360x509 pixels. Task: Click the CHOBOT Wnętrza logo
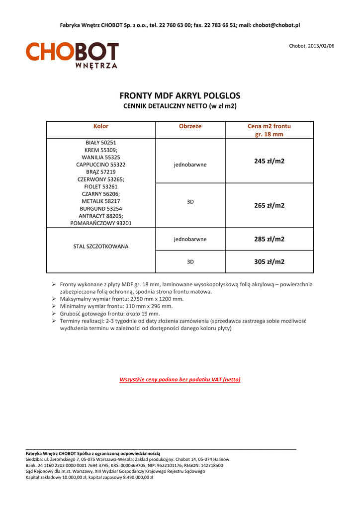(x=72, y=55)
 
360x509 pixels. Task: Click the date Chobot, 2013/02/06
(x=312, y=46)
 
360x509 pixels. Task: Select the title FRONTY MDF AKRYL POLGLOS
(x=180, y=95)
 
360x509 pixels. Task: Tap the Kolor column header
(x=101, y=126)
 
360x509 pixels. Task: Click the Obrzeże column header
(x=190, y=126)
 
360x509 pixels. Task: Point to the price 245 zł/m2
(x=269, y=161)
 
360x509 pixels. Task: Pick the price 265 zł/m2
(x=269, y=205)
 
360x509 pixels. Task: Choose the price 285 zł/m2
(x=269, y=239)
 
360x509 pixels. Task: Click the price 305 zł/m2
(x=269, y=261)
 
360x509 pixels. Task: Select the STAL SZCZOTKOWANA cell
(x=101, y=247)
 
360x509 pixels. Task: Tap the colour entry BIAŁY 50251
(x=101, y=142)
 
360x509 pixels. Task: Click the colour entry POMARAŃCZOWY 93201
(x=101, y=223)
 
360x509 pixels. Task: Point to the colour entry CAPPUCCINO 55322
(x=101, y=164)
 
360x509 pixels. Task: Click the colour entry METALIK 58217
(x=101, y=201)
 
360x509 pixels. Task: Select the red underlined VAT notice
(x=180, y=379)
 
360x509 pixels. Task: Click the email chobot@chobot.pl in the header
(x=276, y=25)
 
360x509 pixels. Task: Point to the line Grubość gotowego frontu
(x=110, y=314)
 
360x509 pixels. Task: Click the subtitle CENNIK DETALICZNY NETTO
(x=180, y=106)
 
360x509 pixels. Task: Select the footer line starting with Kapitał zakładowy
(x=89, y=477)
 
